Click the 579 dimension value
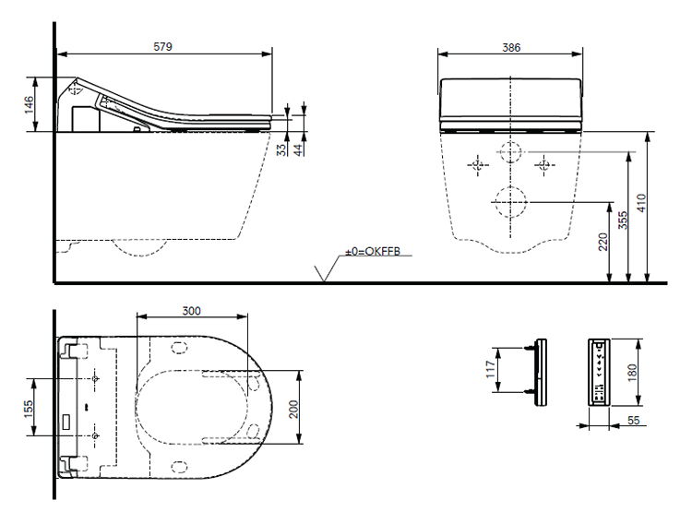[x=162, y=46]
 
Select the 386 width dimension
[x=511, y=47]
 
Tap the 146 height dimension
[x=30, y=104]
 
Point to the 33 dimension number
[x=281, y=149]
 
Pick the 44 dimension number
[x=299, y=149]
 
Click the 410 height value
[x=641, y=203]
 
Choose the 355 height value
[x=623, y=220]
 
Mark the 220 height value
[x=603, y=242]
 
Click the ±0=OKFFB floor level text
[x=373, y=252]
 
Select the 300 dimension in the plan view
[x=192, y=311]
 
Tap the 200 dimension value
[x=294, y=409]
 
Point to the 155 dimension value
[x=29, y=409]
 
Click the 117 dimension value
[x=490, y=369]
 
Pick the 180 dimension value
[x=632, y=372]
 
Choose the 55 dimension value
[x=633, y=420]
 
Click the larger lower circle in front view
[x=510, y=202]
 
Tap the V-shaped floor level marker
[x=325, y=273]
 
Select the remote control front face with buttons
[x=599, y=372]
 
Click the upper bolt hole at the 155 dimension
[x=95, y=378]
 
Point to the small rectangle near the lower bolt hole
[x=67, y=422]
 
